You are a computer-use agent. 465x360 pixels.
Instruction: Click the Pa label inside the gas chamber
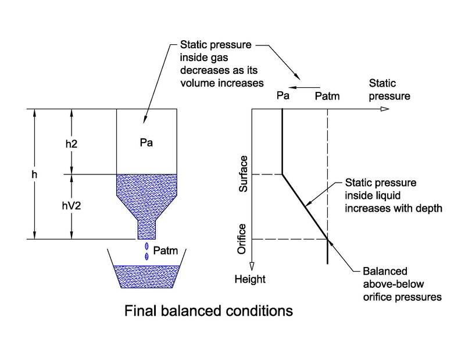pyautogui.click(x=146, y=142)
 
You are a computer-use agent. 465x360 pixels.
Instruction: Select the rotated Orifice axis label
pyautogui.click(x=244, y=238)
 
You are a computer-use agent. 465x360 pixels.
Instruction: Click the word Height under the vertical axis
pyautogui.click(x=250, y=279)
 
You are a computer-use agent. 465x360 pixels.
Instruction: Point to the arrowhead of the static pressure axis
pyautogui.click(x=384, y=109)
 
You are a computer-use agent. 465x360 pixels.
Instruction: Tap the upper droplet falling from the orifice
pyautogui.click(x=146, y=247)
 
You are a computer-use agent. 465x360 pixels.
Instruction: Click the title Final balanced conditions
pyautogui.click(x=209, y=311)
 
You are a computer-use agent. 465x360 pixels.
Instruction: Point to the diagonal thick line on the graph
pyautogui.click(x=305, y=206)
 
